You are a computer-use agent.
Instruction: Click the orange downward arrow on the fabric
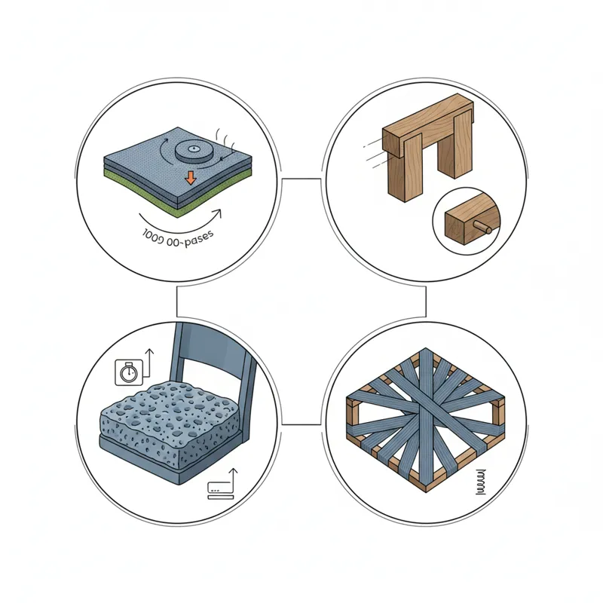pos(191,178)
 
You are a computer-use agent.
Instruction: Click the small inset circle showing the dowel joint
pos(468,223)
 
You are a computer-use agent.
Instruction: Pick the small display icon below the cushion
pos(219,489)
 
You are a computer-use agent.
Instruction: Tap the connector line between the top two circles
pos(301,179)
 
